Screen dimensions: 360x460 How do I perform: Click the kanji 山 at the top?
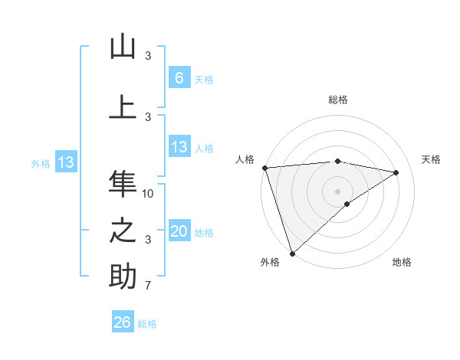123,47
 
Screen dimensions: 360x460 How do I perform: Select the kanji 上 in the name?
123,106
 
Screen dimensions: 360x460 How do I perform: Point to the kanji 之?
123,231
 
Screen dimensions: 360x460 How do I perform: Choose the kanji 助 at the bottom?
123,277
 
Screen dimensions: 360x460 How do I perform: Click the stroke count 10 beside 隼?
149,193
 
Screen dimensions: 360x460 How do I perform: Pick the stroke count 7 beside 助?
149,286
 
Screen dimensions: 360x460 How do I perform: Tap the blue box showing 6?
179,77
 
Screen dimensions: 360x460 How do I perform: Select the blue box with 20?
179,231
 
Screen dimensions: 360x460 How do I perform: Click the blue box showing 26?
123,322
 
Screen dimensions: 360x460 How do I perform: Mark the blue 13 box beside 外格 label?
65,162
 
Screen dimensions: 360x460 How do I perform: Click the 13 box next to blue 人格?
179,147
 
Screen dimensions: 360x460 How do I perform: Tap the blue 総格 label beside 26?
148,324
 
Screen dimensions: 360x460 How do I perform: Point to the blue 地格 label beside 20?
205,233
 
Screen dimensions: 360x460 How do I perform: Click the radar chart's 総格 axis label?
337,100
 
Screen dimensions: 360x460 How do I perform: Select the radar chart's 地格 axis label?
402,263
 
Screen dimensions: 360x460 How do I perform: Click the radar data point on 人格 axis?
264,168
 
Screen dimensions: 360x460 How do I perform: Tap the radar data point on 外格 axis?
292,253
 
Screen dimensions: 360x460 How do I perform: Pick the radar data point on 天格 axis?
396,172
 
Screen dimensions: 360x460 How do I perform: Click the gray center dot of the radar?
337,191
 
